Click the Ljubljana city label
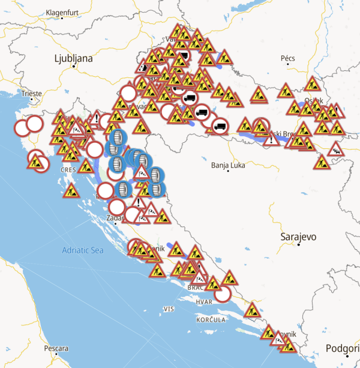click(x=74, y=58)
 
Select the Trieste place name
click(x=31, y=94)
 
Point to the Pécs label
click(x=288, y=58)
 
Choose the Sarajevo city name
click(x=298, y=237)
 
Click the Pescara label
click(x=56, y=348)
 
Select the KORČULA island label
click(x=210, y=320)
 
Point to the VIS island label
click(x=168, y=309)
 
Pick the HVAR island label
click(x=204, y=301)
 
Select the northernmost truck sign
click(x=182, y=56)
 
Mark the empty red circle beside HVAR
click(x=223, y=294)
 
